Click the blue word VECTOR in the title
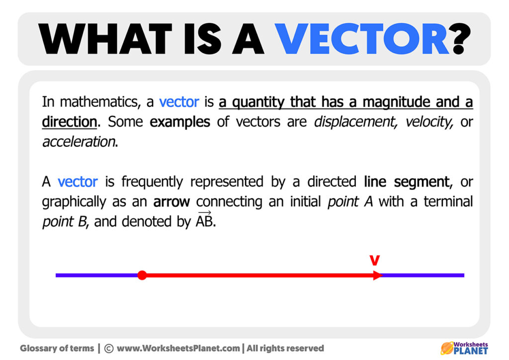pos(363,39)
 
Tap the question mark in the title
pos(460,39)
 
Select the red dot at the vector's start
pos(142,275)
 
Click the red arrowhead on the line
pos(378,275)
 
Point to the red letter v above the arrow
pos(375,260)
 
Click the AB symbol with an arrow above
pos(205,221)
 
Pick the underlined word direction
pos(69,122)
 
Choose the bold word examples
pos(180,122)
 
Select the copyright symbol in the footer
pos(109,349)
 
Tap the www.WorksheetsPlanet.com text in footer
pos(179,349)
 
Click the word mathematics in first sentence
pos(99,102)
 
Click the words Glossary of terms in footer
pos(57,349)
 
